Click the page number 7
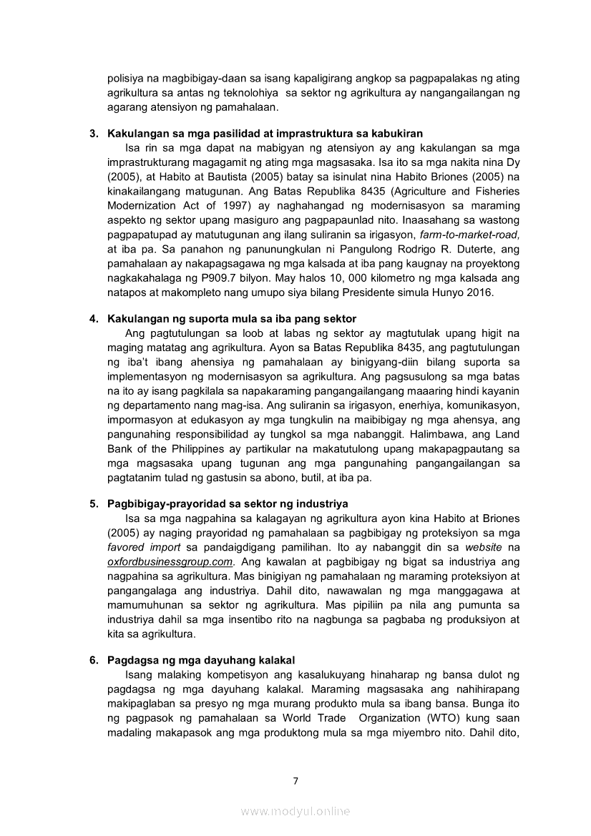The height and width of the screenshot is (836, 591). [x=295, y=780]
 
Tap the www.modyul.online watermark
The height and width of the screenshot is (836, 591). [x=295, y=811]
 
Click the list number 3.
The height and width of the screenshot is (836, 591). [x=94, y=134]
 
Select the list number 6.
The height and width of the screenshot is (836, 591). [x=94, y=660]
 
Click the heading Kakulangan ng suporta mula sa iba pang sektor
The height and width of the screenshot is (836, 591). [x=232, y=318]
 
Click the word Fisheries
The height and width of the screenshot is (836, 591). [x=497, y=191]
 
